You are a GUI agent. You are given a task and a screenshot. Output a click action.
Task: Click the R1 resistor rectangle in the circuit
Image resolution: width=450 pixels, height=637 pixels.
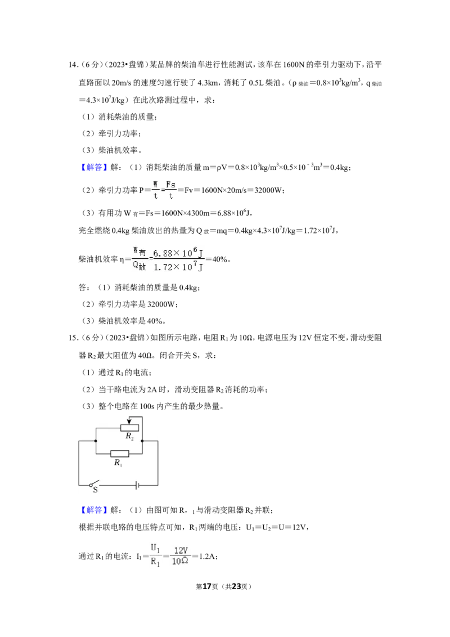(120, 454)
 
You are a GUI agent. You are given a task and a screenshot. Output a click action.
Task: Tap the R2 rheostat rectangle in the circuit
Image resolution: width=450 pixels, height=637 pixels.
(129, 427)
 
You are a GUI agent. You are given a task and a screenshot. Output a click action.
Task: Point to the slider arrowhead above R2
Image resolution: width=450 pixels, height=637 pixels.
(129, 421)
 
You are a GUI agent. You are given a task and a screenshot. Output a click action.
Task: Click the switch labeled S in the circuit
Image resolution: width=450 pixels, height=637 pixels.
(94, 485)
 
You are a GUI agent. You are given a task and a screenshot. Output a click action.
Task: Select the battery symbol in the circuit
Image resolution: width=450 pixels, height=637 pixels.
(138, 485)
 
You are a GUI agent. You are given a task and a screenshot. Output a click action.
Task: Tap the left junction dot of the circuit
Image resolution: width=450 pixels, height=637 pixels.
(96, 441)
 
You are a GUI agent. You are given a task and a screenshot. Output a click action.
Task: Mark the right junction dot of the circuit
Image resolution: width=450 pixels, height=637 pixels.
(142, 441)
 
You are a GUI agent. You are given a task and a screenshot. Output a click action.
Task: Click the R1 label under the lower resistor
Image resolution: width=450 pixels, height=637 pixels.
(118, 463)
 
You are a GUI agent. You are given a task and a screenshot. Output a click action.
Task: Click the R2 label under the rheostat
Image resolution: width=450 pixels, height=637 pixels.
(129, 436)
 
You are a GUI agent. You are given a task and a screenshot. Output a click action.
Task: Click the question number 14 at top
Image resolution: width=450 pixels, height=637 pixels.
(73, 65)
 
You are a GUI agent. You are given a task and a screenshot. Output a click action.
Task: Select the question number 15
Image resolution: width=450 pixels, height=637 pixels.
(73, 338)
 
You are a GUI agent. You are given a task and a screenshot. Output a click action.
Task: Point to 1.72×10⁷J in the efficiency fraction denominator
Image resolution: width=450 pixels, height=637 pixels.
(178, 267)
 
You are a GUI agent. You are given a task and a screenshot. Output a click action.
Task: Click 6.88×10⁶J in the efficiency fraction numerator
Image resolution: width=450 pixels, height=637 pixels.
(178, 253)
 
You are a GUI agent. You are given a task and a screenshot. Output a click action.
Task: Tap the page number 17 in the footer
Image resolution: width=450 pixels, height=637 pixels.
(207, 586)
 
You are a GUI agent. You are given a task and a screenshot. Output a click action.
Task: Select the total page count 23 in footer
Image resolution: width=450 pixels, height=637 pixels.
(236, 586)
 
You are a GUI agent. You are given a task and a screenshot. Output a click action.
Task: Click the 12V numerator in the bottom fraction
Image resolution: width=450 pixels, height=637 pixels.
(181, 550)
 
